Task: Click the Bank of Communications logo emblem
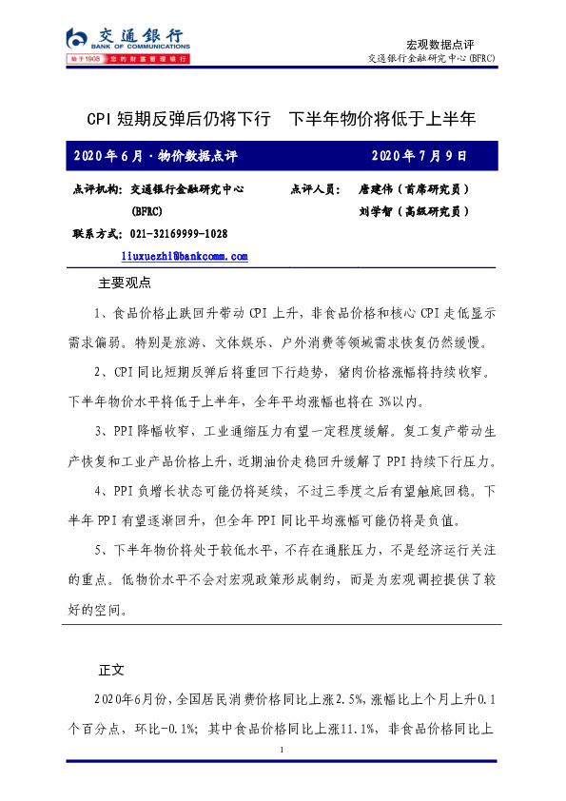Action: pos(79,38)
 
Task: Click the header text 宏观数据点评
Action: pos(439,44)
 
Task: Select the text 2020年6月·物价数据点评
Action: pos(154,155)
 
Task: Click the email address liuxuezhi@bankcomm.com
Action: pos(185,256)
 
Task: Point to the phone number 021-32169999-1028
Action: pos(178,234)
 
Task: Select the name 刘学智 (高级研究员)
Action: pos(414,211)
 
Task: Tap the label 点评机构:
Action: pos(96,190)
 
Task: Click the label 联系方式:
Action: pos(96,234)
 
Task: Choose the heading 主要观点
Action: pos(125,283)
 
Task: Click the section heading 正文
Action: pos(111,669)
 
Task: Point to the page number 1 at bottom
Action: pos(283,752)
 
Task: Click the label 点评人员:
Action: pos(315,190)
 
